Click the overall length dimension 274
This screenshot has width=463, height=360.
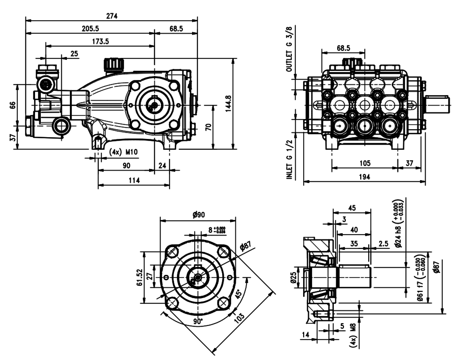112,16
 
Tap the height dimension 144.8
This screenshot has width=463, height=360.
228,103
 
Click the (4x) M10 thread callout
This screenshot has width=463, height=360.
123,152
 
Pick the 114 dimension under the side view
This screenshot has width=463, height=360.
134,180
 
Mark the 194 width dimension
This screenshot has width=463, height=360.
365,177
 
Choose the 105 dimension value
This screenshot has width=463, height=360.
365,163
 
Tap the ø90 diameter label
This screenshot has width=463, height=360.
199,215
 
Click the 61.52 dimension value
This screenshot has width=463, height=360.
140,277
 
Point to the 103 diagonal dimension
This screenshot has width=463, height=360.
239,317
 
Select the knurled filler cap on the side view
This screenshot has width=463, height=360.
114,65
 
